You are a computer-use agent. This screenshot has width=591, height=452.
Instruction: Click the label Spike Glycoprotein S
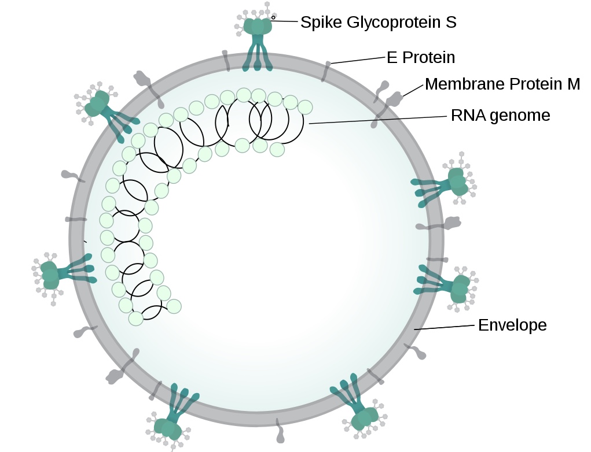pyautogui.click(x=378, y=23)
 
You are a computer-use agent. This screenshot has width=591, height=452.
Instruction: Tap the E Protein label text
pyautogui.click(x=421, y=58)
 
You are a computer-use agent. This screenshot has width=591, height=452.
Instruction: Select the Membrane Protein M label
pyautogui.click(x=502, y=84)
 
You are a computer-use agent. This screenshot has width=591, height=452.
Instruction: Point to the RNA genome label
pyautogui.click(x=500, y=116)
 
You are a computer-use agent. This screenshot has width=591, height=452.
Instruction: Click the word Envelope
pyautogui.click(x=512, y=325)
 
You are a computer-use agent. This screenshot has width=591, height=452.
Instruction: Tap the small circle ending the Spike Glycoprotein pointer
pyautogui.click(x=273, y=17)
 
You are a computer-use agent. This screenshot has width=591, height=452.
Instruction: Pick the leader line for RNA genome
pyautogui.click(x=379, y=119)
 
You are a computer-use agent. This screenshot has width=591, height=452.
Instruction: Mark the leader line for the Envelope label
pyautogui.click(x=446, y=327)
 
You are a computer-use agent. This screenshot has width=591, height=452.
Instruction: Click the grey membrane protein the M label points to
pyautogui.click(x=394, y=99)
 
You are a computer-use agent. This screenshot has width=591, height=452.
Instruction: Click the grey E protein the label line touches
pyautogui.click(x=326, y=71)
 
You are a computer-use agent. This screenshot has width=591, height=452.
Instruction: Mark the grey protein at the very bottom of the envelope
pyautogui.click(x=280, y=430)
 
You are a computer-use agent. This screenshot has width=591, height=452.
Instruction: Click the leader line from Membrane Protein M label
pyautogui.click(x=413, y=89)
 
